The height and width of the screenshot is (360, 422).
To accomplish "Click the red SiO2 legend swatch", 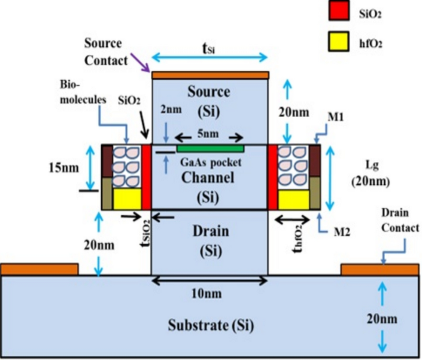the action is tap(339, 10).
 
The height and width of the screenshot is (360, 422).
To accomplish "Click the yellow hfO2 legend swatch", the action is tap(339, 41).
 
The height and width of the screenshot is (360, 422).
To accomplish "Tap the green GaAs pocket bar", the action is tap(211, 149).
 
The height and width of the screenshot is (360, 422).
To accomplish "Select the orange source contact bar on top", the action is tap(211, 75).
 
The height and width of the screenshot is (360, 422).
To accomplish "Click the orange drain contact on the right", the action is tap(379, 270).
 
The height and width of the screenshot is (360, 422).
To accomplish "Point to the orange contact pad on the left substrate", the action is tap(39, 269).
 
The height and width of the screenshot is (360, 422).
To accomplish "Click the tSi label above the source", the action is tap(209, 49).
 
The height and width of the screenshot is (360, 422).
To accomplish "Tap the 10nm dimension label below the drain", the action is tap(206, 293).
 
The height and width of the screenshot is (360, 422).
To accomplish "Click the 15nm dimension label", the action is tap(64, 168).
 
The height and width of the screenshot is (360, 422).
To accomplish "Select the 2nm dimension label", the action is tap(171, 110).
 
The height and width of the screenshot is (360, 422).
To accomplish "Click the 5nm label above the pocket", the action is tap(208, 134).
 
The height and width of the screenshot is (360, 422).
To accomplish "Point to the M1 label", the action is tap(335, 117).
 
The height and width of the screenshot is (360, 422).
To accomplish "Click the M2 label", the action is tap(342, 232).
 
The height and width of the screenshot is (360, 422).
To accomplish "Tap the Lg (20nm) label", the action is tap(371, 174).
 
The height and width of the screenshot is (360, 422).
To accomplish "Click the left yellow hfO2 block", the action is tap(128, 199).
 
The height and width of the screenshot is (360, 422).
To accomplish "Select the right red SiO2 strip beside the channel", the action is tap(273, 177).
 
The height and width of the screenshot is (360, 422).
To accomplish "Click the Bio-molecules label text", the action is tap(83, 92).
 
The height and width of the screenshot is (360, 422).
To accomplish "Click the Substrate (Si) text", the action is tap(211, 325).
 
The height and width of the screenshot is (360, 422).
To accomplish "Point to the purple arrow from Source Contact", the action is tap(140, 63).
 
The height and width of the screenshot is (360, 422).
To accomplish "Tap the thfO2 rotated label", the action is tap(298, 239).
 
